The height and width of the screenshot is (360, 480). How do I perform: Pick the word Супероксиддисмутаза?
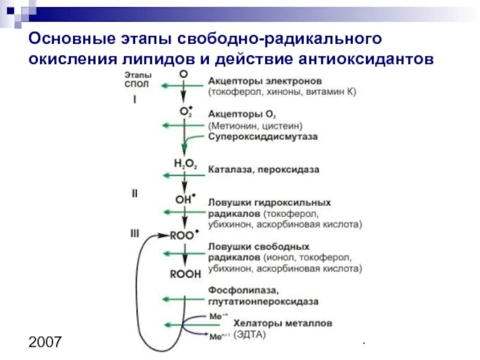click(x=263, y=137)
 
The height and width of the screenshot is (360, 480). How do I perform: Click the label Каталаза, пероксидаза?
click(x=263, y=170)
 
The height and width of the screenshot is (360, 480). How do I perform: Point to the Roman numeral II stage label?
click(x=135, y=193)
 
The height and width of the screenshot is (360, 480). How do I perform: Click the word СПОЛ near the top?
click(x=136, y=85)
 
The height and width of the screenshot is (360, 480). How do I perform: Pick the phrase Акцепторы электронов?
click(x=265, y=81)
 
